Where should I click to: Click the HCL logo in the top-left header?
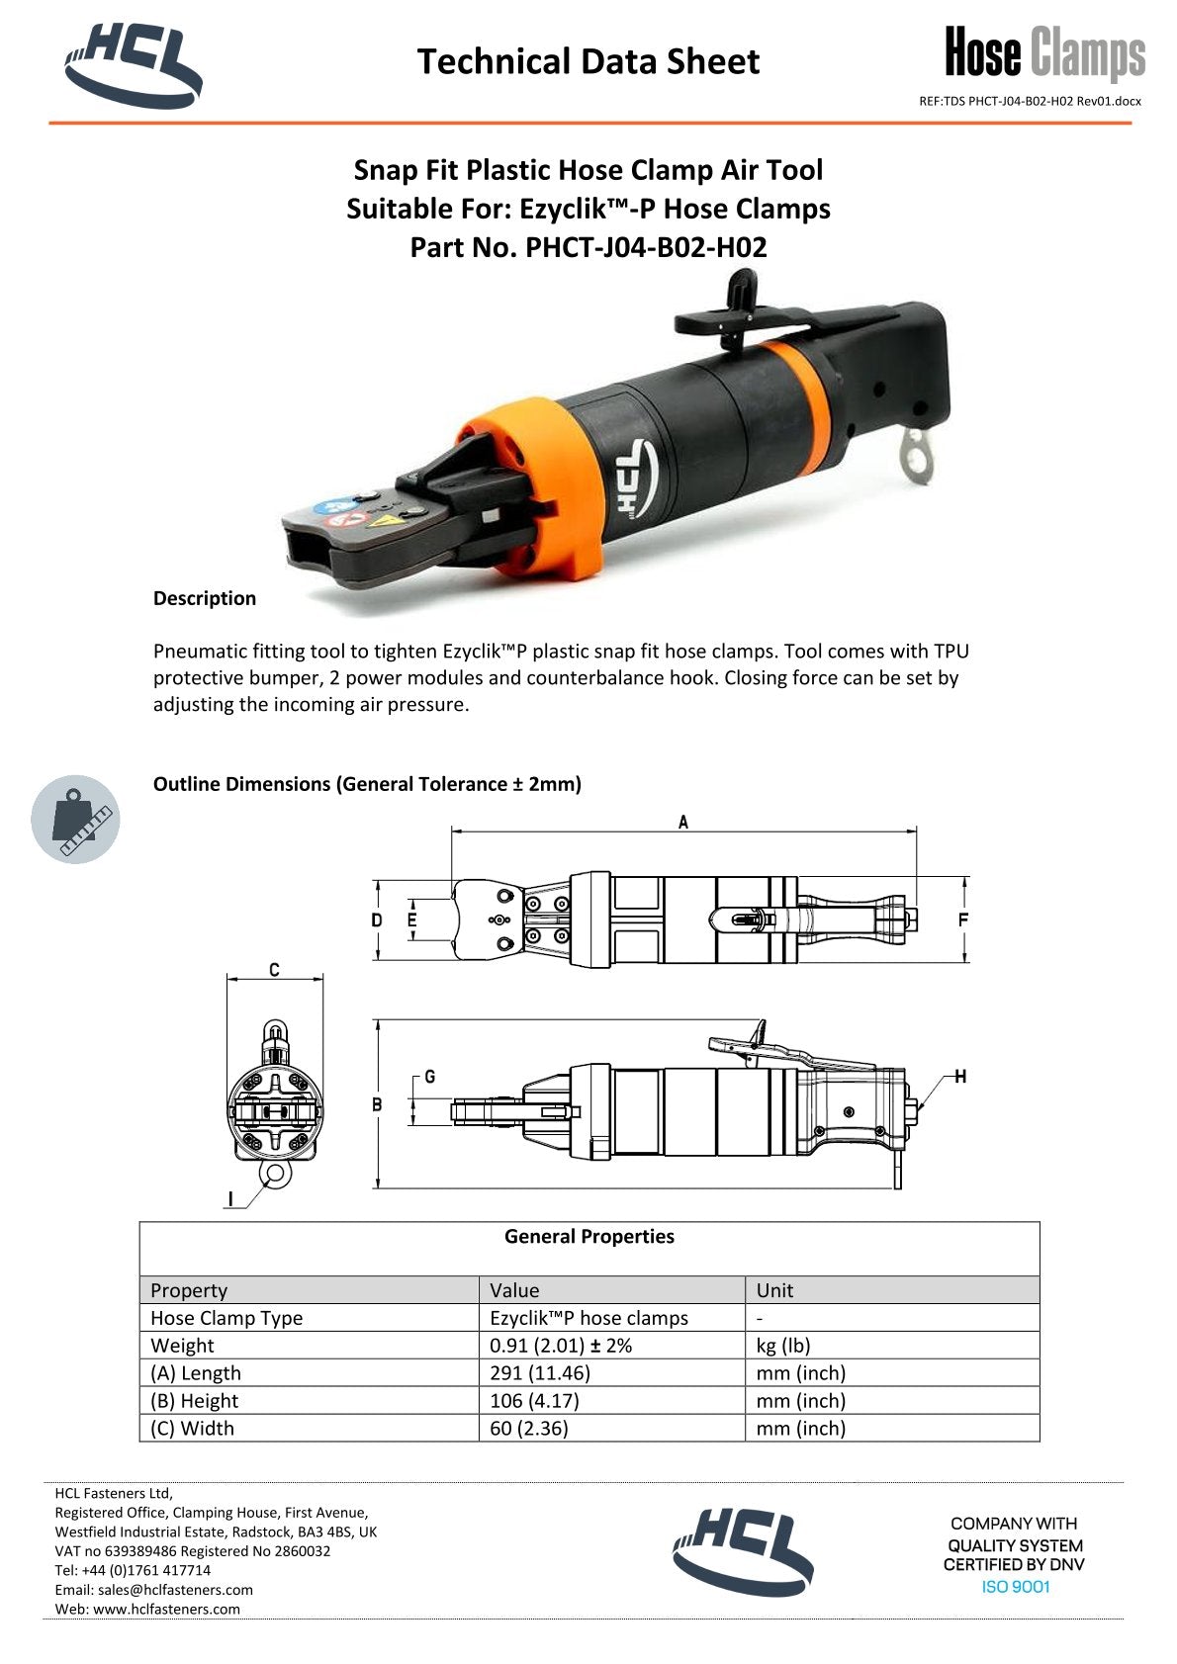133,64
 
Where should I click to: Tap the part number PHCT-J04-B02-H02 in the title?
646,247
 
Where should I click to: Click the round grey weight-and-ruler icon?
75,820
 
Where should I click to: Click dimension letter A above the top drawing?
682,822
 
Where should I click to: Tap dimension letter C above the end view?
274,970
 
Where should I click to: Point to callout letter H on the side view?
959,1077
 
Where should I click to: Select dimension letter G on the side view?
429,1077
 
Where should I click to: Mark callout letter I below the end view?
231,1199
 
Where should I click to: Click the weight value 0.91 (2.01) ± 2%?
561,1346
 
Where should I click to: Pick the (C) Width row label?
193,1429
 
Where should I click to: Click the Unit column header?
774,1290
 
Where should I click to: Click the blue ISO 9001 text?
1015,1587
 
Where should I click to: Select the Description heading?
204,598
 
